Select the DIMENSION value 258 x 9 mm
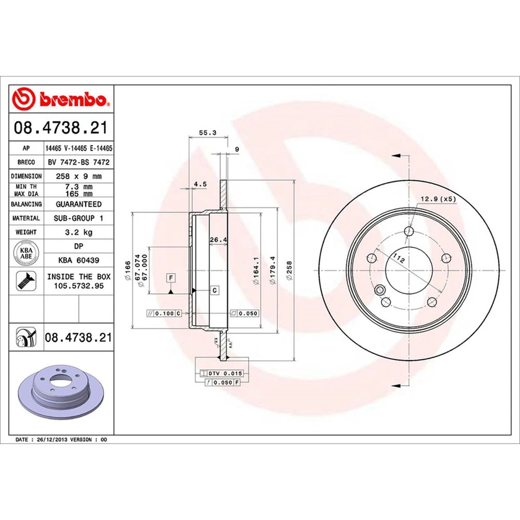pos(79,176)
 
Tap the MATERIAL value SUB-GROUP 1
pos(79,218)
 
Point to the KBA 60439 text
pos(79,260)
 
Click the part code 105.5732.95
pos(79,285)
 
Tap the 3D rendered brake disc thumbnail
pos(61,392)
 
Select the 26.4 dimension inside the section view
pos(218,240)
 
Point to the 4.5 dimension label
pos(200,184)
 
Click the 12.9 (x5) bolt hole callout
pos(438,199)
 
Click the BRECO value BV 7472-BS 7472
pos(79,162)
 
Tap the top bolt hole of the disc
pos(409,232)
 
